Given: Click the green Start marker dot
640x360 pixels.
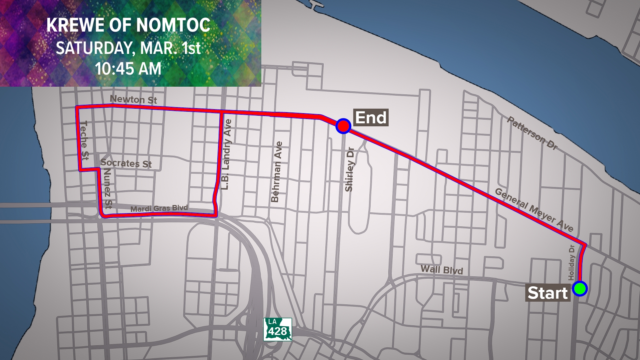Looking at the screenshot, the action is tap(580, 288).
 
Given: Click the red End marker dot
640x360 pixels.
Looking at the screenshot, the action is tap(343, 126).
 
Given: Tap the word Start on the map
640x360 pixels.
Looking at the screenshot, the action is tap(547, 293).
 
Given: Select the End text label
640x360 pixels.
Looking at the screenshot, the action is tap(371, 118).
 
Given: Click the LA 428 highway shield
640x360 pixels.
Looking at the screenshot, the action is tap(278, 329).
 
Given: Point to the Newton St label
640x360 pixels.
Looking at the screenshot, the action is tap(133, 99).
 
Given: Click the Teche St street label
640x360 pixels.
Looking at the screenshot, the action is tap(85, 140).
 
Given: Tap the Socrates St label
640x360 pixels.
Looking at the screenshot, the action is tap(126, 163).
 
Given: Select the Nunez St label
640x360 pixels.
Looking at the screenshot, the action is tap(108, 188).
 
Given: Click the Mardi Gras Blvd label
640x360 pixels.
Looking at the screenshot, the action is tap(159, 209).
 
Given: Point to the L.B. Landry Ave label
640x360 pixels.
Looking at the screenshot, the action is tap(226, 155).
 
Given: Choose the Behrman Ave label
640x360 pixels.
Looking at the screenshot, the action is tap(277, 172).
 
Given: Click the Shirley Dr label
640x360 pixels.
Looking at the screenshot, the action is tap(349, 169).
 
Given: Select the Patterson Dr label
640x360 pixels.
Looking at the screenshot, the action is tap(532, 133).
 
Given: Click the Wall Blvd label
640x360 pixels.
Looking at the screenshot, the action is tap(442, 269).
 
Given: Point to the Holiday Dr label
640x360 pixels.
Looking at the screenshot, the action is tap(571, 263).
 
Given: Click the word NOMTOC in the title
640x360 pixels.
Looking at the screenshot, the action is tap(173, 25).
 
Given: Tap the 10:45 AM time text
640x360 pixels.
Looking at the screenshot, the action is tap(128, 69).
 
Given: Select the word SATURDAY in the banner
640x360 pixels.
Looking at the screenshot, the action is tap(94, 48).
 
